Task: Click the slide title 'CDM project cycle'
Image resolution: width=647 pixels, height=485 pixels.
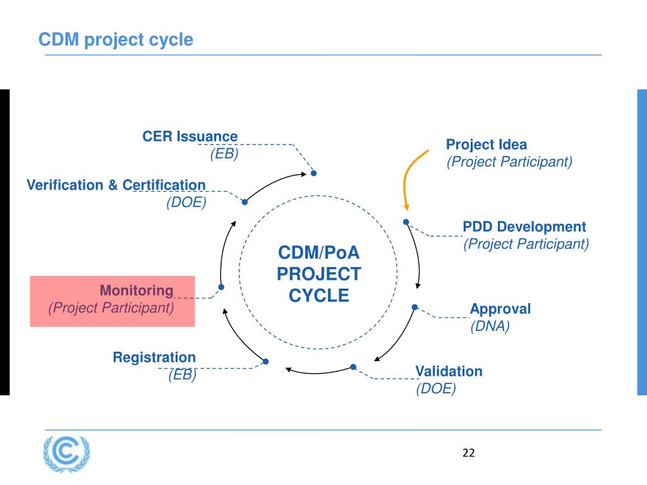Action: pos(116,40)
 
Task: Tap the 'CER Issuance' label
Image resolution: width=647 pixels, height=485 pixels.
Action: pos(190,136)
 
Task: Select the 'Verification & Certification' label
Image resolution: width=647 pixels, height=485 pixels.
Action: pos(116,185)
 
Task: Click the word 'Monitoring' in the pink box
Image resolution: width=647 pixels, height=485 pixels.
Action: pos(136,290)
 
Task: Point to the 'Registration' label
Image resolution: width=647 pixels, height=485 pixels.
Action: pos(154,357)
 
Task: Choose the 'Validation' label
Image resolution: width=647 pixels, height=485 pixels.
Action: pos(449,371)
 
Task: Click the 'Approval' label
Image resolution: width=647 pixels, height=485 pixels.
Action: pos(500,309)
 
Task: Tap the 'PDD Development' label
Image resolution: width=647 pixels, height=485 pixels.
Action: pos(524,227)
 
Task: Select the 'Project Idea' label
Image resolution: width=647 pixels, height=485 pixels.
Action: pos(487,145)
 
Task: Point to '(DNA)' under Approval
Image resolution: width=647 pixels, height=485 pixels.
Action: pos(490,326)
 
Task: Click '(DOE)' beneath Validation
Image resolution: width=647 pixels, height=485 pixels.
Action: pos(435,389)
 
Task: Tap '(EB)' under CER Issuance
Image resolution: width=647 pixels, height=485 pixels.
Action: pos(224,154)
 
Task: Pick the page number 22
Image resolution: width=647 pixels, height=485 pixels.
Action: pos(469,453)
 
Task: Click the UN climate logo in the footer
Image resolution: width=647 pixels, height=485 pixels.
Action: pos(66,453)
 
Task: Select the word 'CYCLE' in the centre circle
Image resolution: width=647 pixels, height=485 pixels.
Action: pos(319,296)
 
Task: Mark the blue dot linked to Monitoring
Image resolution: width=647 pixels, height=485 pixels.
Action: pos(221,287)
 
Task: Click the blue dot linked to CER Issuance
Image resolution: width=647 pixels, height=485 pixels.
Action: pos(313,173)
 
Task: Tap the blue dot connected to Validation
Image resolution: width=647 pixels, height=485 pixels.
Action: pos(353,367)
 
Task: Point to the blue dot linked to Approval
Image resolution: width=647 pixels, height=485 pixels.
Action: pos(415,308)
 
